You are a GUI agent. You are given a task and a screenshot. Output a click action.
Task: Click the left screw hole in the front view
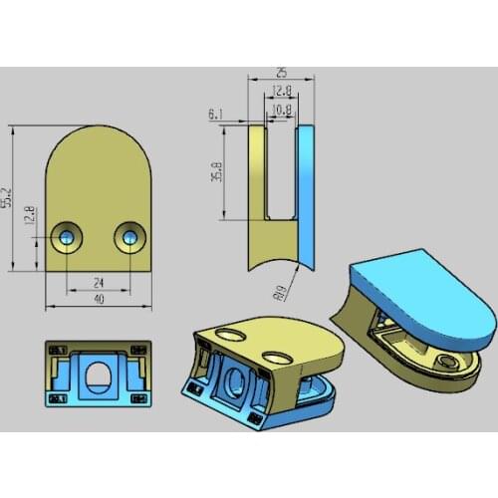(x=67, y=236)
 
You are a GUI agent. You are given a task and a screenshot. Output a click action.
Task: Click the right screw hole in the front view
(x=128, y=236)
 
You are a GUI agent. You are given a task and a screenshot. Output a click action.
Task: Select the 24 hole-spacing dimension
(x=98, y=282)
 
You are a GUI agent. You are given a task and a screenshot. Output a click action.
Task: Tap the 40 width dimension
(x=98, y=299)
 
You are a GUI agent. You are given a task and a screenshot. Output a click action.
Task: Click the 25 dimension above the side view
(x=282, y=74)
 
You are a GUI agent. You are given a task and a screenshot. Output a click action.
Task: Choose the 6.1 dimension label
(x=216, y=116)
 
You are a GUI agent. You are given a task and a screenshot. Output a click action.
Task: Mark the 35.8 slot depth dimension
(x=216, y=170)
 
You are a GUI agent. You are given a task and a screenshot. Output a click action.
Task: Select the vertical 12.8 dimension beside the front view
(x=30, y=215)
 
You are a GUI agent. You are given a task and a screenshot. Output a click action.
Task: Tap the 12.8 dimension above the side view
(x=283, y=91)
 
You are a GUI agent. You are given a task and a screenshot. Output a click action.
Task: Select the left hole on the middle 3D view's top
(x=231, y=334)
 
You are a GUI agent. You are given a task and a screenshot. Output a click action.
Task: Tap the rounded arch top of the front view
(x=98, y=144)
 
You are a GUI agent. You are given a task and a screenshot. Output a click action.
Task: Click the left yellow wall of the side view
(x=258, y=199)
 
